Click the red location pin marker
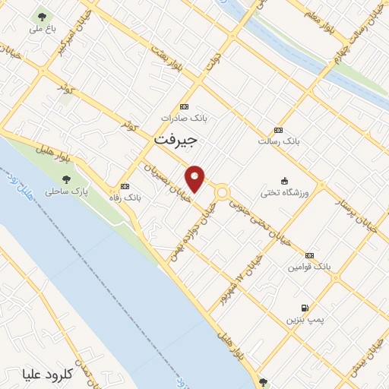(195, 179)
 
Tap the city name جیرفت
(176, 141)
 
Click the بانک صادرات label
(183, 119)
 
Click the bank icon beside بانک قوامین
(310, 255)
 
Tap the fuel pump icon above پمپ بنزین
(305, 308)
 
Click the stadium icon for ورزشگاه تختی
(284, 180)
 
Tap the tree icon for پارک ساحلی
(66, 180)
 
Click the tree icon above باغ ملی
(39, 17)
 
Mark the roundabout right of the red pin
(223, 193)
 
